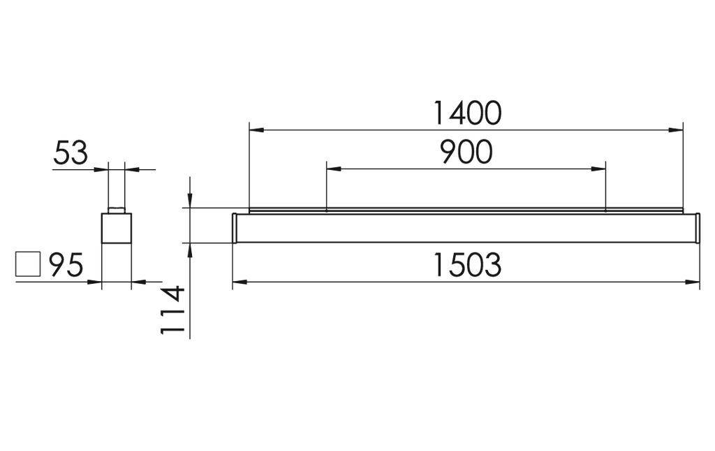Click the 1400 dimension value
click(x=466, y=113)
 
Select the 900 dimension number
click(x=466, y=152)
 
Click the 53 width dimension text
click(x=71, y=153)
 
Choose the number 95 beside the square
click(x=66, y=266)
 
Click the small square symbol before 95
click(x=28, y=265)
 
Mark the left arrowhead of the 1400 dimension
click(x=256, y=130)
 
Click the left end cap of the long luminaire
click(x=236, y=228)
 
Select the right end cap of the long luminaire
click(x=696, y=228)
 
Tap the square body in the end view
click(x=117, y=228)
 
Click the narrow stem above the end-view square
click(x=115, y=189)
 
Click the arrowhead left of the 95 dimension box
click(x=96, y=282)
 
